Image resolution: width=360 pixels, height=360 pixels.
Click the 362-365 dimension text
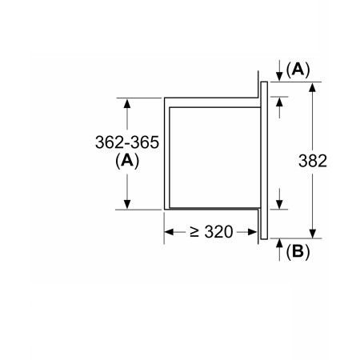127,142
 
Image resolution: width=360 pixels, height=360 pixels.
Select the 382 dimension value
313,161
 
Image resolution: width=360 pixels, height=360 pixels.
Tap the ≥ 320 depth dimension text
211,232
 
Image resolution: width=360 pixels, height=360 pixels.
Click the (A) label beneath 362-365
127,161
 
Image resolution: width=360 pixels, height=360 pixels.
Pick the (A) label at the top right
298,70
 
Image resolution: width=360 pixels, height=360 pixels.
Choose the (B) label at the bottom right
298,251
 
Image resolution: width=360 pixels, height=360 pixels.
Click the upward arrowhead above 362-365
127,103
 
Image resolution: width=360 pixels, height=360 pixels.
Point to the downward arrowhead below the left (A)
127,204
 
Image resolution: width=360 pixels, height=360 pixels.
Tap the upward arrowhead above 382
313,87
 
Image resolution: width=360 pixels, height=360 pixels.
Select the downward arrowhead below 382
313,234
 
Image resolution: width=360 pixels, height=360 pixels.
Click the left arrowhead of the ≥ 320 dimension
169,232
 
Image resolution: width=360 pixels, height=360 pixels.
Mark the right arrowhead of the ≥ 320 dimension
252,232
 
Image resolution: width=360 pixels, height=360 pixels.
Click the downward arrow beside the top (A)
279,70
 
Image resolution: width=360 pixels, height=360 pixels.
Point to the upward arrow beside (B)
279,250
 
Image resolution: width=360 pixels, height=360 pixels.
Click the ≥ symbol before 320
194,232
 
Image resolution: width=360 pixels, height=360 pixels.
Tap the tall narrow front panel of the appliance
264,161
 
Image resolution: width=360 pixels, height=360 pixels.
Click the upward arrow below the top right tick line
279,108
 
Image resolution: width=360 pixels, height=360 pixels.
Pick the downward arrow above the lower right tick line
279,198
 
